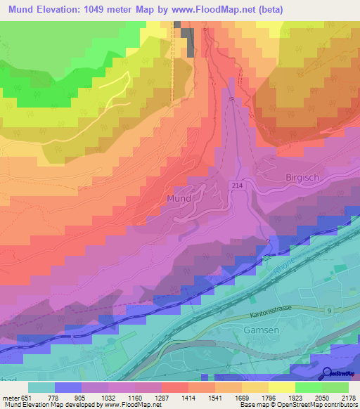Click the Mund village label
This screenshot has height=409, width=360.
tap(179, 199)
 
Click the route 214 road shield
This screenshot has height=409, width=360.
tap(234, 184)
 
